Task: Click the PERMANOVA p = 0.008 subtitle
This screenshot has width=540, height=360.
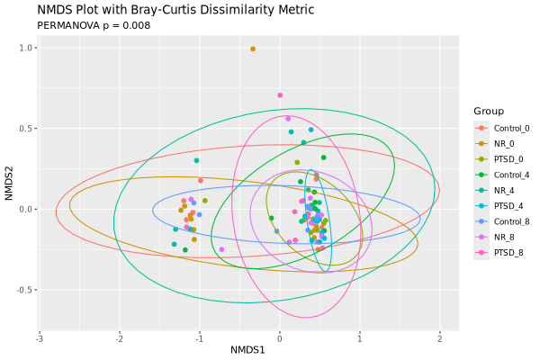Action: pyautogui.click(x=94, y=25)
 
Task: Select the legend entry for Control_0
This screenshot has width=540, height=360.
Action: pyautogui.click(x=510, y=129)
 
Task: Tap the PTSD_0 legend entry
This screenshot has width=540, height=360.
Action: pyautogui.click(x=507, y=159)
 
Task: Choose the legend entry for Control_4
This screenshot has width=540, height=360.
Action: pyautogui.click(x=510, y=175)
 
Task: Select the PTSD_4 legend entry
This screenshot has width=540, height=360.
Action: pyautogui.click(x=507, y=206)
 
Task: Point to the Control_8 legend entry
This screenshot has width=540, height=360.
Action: pyautogui.click(x=510, y=221)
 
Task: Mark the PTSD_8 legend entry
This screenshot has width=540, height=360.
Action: pyautogui.click(x=507, y=253)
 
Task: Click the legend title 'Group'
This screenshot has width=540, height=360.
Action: pyautogui.click(x=488, y=111)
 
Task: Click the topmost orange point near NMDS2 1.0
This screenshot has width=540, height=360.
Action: pyautogui.click(x=253, y=49)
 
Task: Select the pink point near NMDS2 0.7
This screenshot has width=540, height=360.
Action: pyautogui.click(x=280, y=94)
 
